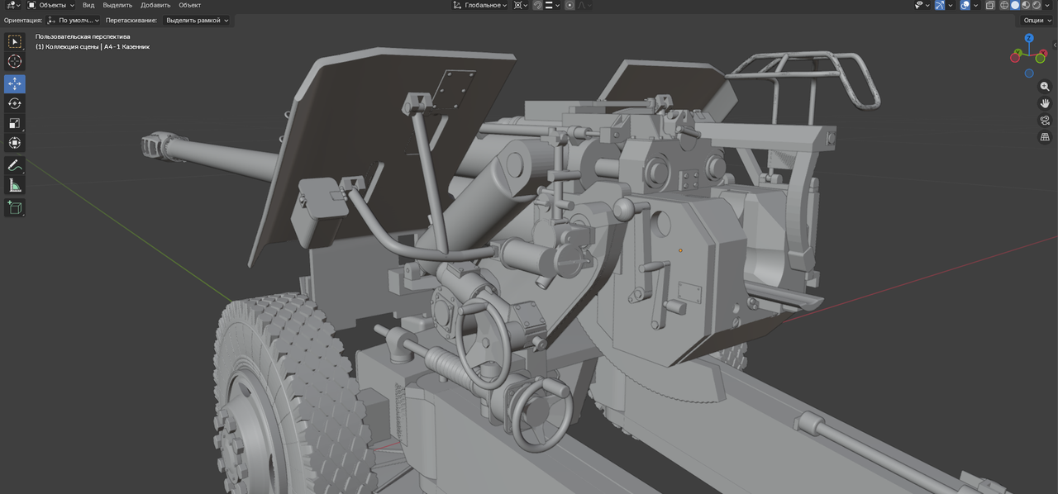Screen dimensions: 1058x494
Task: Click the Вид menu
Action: [x=88, y=5]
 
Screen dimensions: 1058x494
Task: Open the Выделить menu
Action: [x=117, y=5]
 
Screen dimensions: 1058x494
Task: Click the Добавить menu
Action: [x=155, y=5]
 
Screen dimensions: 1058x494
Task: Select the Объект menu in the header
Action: [x=190, y=5]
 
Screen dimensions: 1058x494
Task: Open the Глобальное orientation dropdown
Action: [x=480, y=5]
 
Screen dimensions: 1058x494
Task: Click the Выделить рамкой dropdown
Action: [x=197, y=21]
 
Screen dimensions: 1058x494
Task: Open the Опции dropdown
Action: [x=1037, y=21]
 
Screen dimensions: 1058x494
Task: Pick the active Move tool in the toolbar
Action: [x=15, y=83]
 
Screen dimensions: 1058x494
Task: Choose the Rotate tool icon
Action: [x=15, y=103]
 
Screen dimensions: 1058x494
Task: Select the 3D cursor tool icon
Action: [x=15, y=61]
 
